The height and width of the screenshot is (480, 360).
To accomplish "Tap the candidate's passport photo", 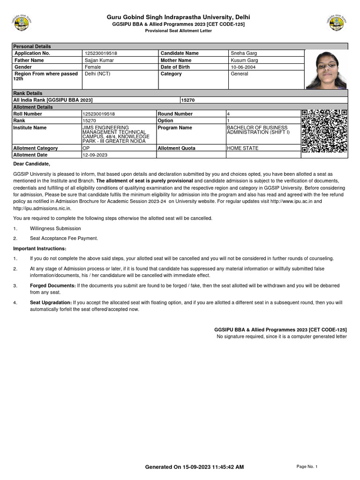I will [x=327, y=69].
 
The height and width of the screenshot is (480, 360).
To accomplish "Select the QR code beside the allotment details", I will [x=324, y=131].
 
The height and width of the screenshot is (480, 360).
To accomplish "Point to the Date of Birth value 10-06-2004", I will [x=243, y=67].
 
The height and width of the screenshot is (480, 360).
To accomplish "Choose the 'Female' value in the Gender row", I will [x=93, y=67].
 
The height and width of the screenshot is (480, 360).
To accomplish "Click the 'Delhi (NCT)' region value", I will [x=97, y=74].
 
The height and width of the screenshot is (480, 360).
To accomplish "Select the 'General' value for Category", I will [x=240, y=74].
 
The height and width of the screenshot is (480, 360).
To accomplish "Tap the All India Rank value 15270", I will [x=188, y=100].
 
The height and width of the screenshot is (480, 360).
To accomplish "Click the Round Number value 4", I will [x=228, y=114].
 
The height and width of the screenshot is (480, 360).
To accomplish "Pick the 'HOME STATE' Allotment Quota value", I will [x=242, y=148].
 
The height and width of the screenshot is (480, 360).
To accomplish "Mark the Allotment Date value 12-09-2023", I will [x=95, y=155].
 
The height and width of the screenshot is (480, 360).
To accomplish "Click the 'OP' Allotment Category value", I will [x=86, y=148].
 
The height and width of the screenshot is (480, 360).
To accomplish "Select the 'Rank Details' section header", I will [x=28, y=93].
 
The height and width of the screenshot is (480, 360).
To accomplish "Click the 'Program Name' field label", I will [x=175, y=127].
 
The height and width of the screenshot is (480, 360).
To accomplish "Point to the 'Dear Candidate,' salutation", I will [x=31, y=164].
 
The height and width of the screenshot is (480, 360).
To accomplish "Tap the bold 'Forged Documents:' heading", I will [x=52, y=285].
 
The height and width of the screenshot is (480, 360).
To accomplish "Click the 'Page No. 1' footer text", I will [x=307, y=466].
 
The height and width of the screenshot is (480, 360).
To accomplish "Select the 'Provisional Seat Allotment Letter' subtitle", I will [x=178, y=31].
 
